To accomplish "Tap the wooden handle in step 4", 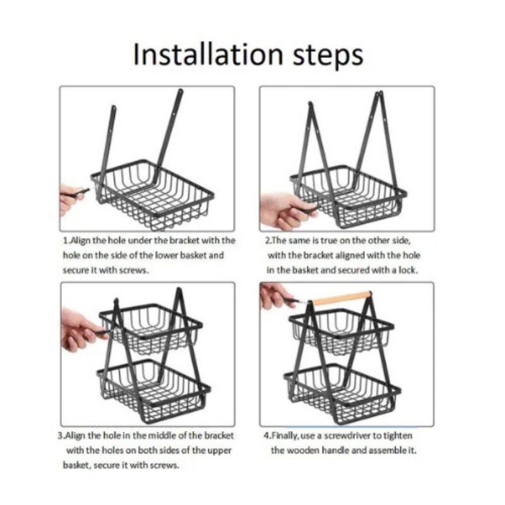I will [342, 297].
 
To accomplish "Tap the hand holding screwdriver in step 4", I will [275, 294].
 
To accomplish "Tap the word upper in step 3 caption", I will [206, 450].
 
